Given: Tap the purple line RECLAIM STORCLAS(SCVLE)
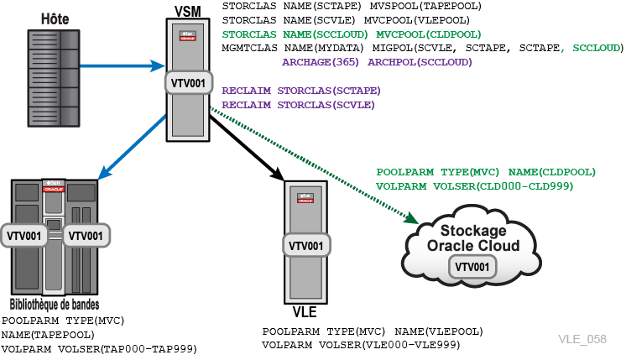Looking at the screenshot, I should click(x=299, y=105).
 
